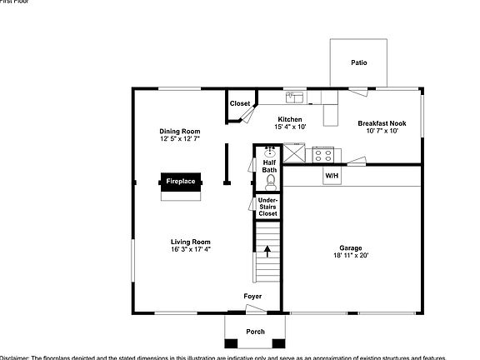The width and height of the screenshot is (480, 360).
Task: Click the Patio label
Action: [358, 62]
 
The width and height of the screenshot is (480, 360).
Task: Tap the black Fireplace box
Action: [181, 182]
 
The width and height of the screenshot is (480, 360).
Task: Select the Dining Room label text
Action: [180, 132]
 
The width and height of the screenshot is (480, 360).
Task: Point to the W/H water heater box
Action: [332, 176]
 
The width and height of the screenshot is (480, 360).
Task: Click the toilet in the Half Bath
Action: [269, 177]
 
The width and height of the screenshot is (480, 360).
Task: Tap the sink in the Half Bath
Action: [270, 152]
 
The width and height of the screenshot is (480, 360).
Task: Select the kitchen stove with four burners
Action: [322, 154]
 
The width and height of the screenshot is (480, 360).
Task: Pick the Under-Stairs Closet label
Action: [267, 207]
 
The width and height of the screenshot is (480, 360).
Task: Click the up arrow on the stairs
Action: [267, 252]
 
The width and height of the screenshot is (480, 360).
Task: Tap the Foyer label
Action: [252, 297]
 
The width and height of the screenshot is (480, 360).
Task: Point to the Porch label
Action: [255, 332]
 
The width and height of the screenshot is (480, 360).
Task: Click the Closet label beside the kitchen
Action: [240, 104]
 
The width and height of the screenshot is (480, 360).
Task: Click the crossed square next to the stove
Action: [295, 154]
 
